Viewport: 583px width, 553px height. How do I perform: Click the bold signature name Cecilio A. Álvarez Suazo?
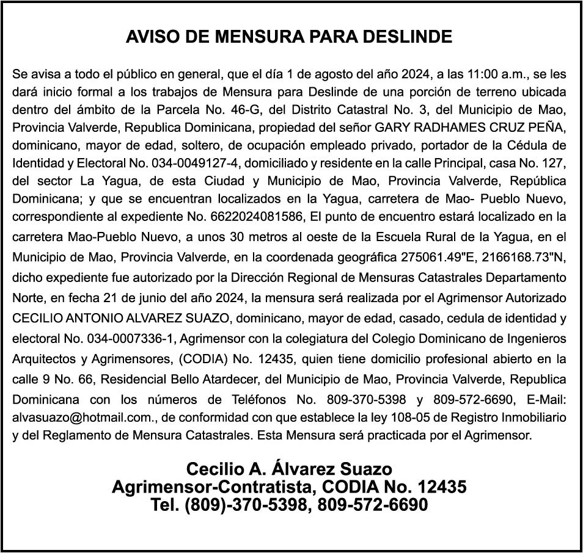289,470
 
